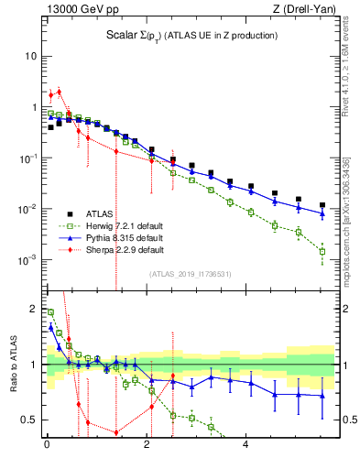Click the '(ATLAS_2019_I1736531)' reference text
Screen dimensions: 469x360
click(x=189, y=273)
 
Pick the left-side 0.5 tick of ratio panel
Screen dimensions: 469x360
click(x=29, y=420)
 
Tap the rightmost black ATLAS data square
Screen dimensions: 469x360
click(x=322, y=205)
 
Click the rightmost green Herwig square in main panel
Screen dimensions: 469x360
click(x=322, y=250)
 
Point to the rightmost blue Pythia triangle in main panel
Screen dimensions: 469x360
click(x=322, y=213)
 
